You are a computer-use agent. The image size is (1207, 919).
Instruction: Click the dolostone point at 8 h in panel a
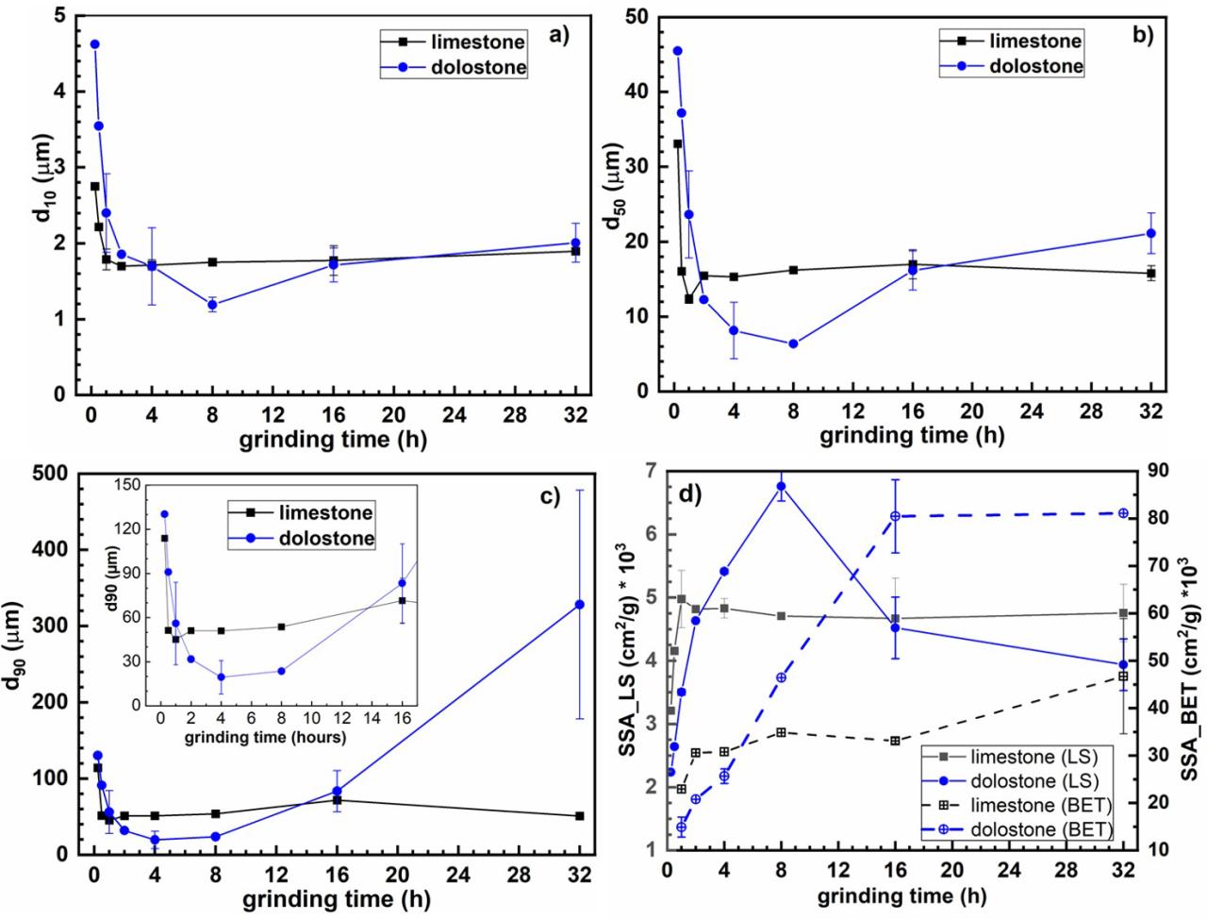tap(213, 305)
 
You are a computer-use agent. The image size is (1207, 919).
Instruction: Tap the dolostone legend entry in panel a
tap(470, 67)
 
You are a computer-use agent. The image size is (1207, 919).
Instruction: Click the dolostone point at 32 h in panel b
tap(1150, 233)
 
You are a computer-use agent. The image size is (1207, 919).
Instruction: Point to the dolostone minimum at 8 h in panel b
tap(793, 343)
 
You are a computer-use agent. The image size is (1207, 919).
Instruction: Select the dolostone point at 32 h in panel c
tap(580, 604)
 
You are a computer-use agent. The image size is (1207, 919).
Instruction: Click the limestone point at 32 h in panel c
tap(580, 815)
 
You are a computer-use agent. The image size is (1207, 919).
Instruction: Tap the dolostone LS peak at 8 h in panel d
tap(781, 487)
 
